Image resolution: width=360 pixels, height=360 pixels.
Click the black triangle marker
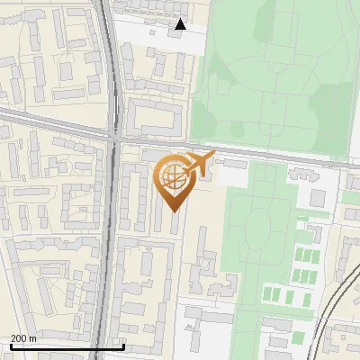pyautogui.click(x=180, y=24)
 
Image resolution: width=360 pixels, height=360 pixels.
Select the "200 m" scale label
pyautogui.click(x=23, y=338)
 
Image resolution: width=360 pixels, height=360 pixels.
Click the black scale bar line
pyautogui.click(x=67, y=346)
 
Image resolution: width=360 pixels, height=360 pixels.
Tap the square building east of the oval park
pyautogui.click(x=318, y=197)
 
